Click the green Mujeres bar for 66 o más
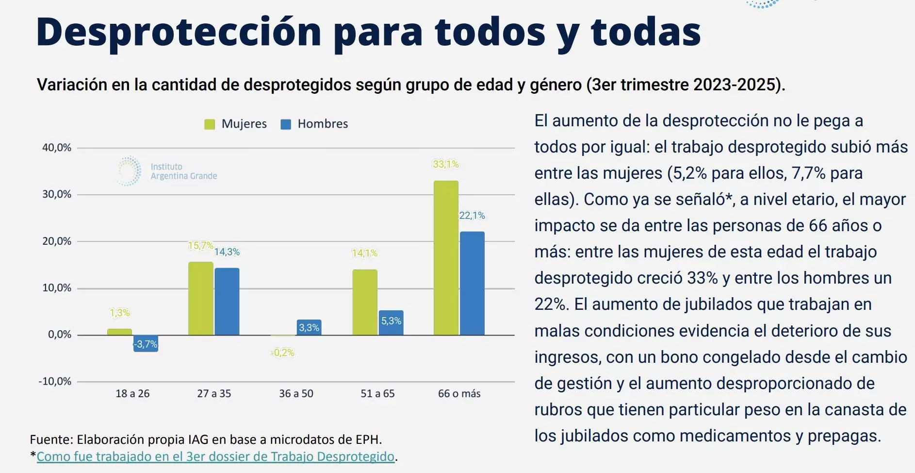click(446, 258)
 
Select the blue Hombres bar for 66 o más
click(472, 283)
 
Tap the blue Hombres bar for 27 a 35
click(227, 302)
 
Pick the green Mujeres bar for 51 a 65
click(365, 302)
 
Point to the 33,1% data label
click(446, 164)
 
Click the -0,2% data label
click(283, 353)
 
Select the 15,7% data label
click(200, 246)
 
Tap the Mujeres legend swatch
click(210, 124)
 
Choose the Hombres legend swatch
click(286, 124)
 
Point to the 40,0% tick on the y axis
click(57, 148)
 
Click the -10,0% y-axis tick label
click(55, 381)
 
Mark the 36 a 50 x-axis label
click(296, 394)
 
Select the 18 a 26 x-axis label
click(132, 394)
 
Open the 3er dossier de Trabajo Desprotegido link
click(215, 457)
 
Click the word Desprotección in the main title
click(179, 32)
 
